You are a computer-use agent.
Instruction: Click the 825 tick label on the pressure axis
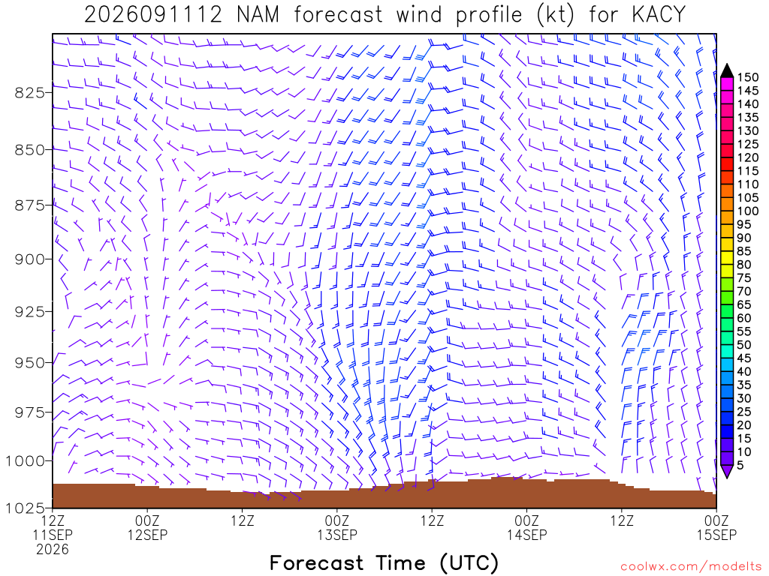pyautogui.click(x=30, y=92)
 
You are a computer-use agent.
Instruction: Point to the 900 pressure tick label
pyautogui.click(x=30, y=259)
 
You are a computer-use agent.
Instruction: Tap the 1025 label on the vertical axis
pyautogui.click(x=25, y=508)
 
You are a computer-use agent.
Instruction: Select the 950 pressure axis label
pyautogui.click(x=30, y=363)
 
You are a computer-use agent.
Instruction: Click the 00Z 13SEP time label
pyautogui.click(x=337, y=527)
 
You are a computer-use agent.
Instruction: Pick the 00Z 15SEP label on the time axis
pyautogui.click(x=716, y=527)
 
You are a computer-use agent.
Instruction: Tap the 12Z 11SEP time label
pyautogui.click(x=53, y=527)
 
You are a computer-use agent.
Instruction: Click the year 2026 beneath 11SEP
pyautogui.click(x=53, y=550)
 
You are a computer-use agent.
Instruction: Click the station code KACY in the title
pyautogui.click(x=659, y=15)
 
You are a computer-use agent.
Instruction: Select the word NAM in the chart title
pyautogui.click(x=258, y=15)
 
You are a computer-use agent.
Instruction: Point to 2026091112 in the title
pyautogui.click(x=153, y=15)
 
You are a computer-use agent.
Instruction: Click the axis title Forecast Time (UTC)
pyautogui.click(x=384, y=563)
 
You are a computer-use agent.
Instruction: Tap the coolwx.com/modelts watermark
pyautogui.click(x=693, y=567)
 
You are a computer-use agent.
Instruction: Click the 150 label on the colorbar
pyautogui.click(x=748, y=77)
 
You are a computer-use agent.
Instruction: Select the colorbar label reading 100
pyautogui.click(x=748, y=211)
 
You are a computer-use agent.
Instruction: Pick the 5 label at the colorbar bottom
pyautogui.click(x=740, y=465)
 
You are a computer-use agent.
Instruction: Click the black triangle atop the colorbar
pyautogui.click(x=727, y=71)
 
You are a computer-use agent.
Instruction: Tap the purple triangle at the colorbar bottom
pyautogui.click(x=727, y=471)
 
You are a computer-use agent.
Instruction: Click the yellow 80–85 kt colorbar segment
pyautogui.click(x=727, y=258)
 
